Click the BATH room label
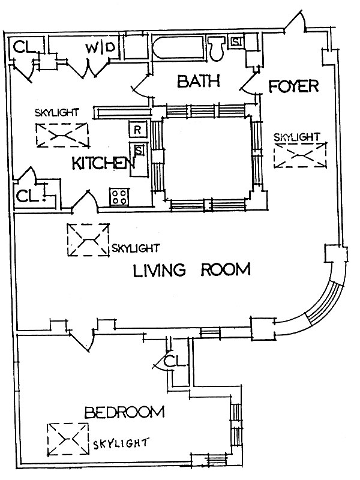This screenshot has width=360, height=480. pos(199,82)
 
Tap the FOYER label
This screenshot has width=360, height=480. pos(293,86)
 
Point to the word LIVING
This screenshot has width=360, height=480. pos(160,270)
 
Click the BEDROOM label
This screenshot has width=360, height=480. pos(125,412)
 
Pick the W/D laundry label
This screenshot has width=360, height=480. pos(101,48)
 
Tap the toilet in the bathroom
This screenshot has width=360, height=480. pos(217,48)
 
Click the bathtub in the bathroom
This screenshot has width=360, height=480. pos(178,47)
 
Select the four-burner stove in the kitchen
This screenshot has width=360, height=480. pos(119,197)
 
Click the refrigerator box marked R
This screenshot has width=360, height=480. pos(138,130)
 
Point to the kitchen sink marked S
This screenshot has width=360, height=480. pos(139,151)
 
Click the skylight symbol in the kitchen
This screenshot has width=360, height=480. pos(62,135)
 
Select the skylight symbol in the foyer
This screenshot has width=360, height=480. pos(301,155)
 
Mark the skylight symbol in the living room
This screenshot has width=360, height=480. pos(88,240)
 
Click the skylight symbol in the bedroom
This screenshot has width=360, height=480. pos(68,439)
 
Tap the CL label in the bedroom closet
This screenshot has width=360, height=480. pos(175,361)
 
